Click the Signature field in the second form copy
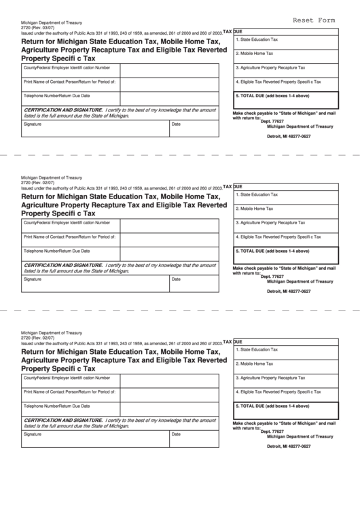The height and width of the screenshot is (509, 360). [94, 283]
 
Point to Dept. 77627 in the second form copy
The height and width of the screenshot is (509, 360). [272, 277]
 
